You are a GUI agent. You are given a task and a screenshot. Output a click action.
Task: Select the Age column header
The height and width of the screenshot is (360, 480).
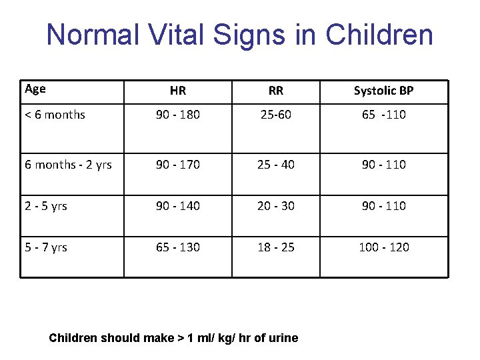[x=35, y=89]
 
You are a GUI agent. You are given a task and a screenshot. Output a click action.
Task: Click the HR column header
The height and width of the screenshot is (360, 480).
[x=178, y=91]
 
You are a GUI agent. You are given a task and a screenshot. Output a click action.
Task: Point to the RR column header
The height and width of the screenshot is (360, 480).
[x=275, y=91]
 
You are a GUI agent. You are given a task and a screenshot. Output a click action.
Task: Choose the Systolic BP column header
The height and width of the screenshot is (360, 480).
[x=383, y=91]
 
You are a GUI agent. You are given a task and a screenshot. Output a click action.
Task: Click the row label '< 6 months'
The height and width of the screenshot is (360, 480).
[x=55, y=115]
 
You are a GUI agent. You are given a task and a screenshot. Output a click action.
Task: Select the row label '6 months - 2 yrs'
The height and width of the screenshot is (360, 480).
[x=68, y=165]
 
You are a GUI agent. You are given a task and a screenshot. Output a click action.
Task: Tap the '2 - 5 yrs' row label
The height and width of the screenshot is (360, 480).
[x=46, y=206]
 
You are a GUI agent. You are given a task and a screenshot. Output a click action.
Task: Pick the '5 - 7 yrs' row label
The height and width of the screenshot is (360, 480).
[x=46, y=247]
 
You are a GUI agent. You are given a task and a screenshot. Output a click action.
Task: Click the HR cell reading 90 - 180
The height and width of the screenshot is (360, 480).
[x=178, y=115]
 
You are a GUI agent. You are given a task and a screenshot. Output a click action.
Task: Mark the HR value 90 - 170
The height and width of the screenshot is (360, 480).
[x=178, y=165]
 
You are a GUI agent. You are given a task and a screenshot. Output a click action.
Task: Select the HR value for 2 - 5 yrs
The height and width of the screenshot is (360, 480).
[x=178, y=206]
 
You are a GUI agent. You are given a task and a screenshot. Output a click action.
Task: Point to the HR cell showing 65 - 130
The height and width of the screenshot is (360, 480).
[x=178, y=247]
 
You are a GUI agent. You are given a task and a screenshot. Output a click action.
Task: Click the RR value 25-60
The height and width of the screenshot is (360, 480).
[x=275, y=115]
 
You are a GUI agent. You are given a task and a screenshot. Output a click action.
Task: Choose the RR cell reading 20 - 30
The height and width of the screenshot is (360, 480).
[x=275, y=206]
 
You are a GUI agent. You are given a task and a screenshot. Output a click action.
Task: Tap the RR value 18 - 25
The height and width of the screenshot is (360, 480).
[x=275, y=247]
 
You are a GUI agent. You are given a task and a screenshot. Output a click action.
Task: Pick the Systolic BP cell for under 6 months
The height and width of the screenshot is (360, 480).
[x=383, y=115]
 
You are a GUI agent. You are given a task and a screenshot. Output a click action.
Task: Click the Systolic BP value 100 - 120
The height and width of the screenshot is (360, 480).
[x=383, y=247]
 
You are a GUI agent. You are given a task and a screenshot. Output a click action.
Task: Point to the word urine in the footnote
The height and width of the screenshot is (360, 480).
[x=283, y=338]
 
